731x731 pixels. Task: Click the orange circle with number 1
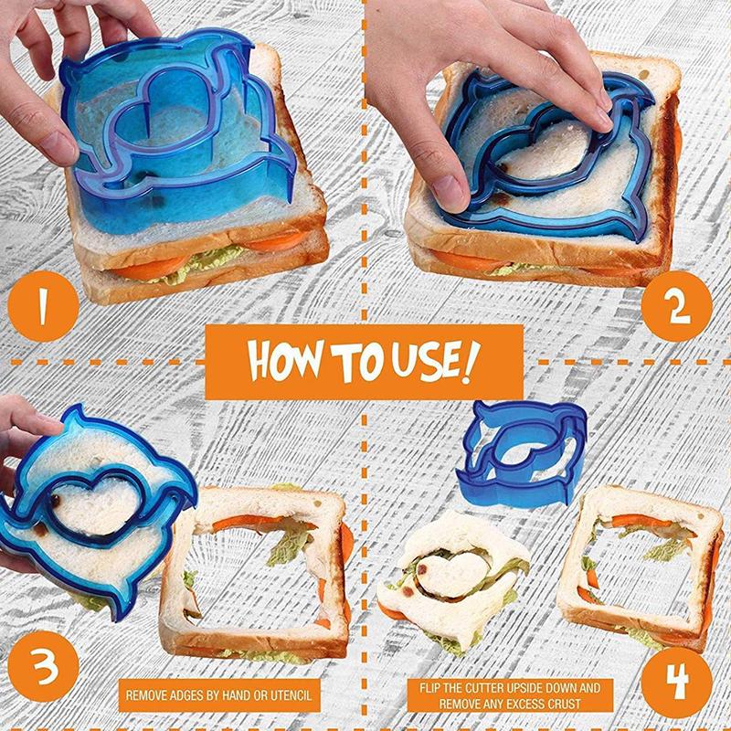coord(43,306)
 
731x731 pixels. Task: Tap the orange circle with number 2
coord(676,306)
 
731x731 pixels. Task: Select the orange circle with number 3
coord(43,666)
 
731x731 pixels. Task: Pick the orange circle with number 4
coord(676,683)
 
